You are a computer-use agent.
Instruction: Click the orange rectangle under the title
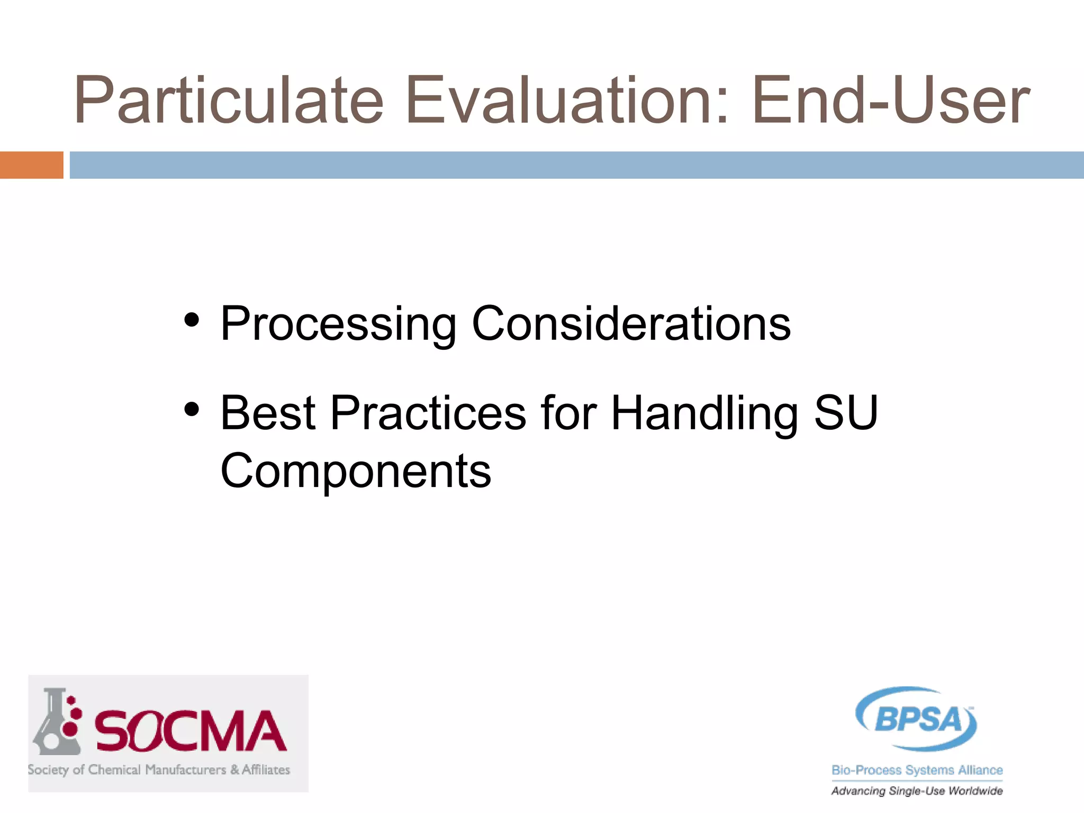(x=31, y=165)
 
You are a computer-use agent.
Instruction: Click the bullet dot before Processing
(x=192, y=320)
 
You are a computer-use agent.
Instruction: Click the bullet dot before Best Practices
(x=192, y=409)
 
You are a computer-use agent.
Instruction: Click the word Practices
(x=428, y=413)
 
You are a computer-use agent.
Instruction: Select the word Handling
(x=704, y=413)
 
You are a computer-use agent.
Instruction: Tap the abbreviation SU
(x=846, y=413)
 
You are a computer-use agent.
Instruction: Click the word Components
(x=356, y=471)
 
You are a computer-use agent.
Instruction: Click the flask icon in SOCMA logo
(x=57, y=722)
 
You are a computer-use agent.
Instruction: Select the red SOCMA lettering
(x=191, y=731)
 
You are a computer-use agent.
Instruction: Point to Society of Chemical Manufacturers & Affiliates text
(x=159, y=770)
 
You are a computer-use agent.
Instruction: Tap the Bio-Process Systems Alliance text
(x=917, y=770)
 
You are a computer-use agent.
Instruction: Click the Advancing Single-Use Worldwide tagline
(x=917, y=791)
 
